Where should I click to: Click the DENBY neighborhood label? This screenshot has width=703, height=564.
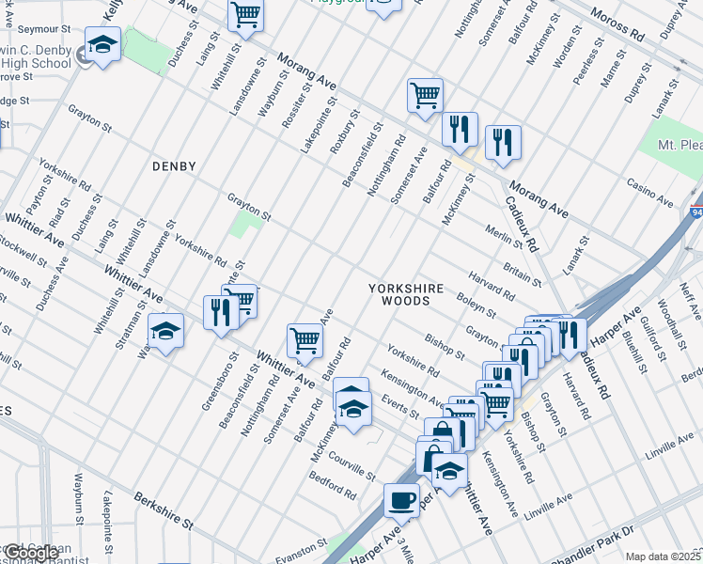pos(174,166)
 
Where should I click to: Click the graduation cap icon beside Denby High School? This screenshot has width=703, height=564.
pos(102,44)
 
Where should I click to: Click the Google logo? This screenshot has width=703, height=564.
pos(30,554)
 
